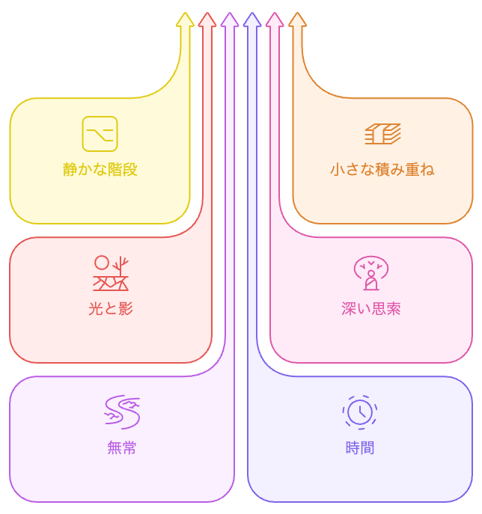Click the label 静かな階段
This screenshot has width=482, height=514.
(100, 170)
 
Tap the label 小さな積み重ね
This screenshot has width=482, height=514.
(382, 170)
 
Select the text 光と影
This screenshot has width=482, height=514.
(111, 309)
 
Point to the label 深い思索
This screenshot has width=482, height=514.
(371, 309)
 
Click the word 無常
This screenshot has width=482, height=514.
(122, 448)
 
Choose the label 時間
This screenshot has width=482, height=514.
(360, 448)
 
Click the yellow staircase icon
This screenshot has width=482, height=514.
(100, 134)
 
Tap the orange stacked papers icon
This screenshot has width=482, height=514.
(382, 134)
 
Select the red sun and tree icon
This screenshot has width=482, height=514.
(111, 273)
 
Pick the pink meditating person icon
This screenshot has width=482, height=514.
(371, 274)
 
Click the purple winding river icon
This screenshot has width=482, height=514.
(122, 412)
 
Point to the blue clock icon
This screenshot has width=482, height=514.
(360, 412)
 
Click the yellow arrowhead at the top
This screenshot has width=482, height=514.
(185, 20)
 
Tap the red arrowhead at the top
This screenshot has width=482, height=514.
(207, 20)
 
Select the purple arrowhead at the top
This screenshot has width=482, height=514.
(230, 20)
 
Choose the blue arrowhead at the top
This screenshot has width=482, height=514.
(252, 20)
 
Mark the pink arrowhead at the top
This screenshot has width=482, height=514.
(275, 20)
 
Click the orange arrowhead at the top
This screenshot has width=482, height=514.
(297, 20)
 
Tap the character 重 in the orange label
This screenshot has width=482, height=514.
(412, 170)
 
